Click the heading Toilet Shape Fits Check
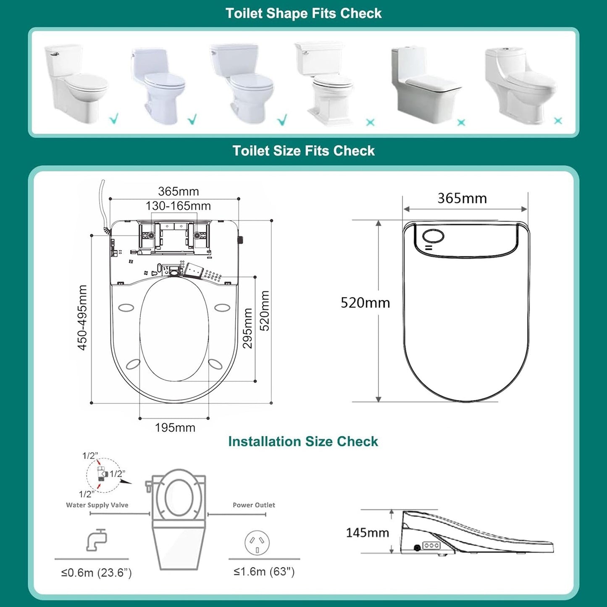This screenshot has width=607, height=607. point(303,13)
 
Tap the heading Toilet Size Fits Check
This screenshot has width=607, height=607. point(303,151)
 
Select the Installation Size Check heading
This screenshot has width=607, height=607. point(303,441)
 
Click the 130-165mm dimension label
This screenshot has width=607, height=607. point(178,206)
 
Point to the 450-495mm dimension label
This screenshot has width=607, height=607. point(82,318)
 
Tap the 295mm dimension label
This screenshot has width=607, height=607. point(248,328)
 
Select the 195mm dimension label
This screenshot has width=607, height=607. point(175,428)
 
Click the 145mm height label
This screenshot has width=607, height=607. point(367,533)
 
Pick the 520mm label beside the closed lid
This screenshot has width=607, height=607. point(365,303)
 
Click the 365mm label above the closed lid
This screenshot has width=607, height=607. point(462,198)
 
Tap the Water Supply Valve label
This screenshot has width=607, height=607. point(97,505)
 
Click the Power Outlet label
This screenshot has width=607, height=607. point(254,505)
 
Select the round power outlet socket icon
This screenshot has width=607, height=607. point(257,542)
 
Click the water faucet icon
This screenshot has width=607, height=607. point(97,540)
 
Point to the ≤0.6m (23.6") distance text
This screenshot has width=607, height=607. point(97,573)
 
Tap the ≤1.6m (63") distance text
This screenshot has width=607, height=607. point(264,572)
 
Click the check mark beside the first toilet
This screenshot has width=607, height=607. point(114,119)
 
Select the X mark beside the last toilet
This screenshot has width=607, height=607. point(558,121)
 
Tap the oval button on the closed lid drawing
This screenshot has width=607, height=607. point(433,236)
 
